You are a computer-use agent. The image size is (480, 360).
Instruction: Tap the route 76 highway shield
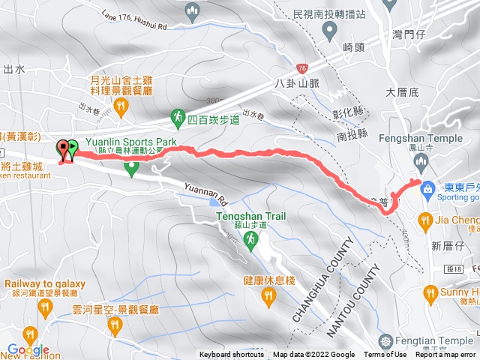coord(301,67)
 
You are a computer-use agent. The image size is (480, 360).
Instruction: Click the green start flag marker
coord(73,149)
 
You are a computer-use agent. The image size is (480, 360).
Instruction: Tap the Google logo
coord(28,349)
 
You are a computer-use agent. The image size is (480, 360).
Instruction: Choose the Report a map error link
coord(446,355)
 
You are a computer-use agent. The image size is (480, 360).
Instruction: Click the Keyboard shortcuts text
coord(232,355)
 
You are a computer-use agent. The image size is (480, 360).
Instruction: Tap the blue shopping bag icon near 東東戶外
coord(427,187)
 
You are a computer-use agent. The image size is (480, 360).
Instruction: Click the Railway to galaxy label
coord(45,284)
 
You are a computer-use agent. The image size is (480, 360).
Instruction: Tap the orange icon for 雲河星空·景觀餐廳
coord(114,325)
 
